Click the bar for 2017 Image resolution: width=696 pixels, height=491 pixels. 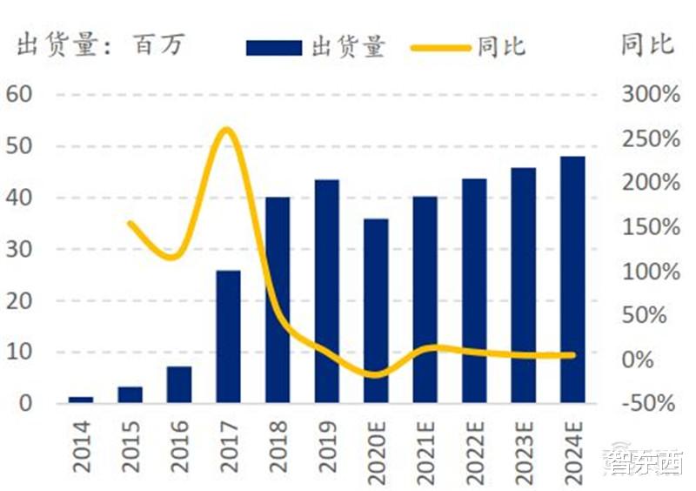[228, 337]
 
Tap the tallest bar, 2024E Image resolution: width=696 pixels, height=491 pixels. [572, 279]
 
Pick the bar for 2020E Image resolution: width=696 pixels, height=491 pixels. [376, 311]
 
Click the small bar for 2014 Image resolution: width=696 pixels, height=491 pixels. [80, 400]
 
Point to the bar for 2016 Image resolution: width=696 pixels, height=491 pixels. [179, 385]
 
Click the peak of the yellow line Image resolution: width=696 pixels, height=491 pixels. [227, 131]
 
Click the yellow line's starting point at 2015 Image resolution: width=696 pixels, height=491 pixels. [130, 223]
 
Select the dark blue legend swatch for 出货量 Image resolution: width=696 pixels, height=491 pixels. [273, 47]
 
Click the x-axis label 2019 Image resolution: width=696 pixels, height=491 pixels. [326, 446]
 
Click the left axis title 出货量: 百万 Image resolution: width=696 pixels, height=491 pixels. [100, 45]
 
